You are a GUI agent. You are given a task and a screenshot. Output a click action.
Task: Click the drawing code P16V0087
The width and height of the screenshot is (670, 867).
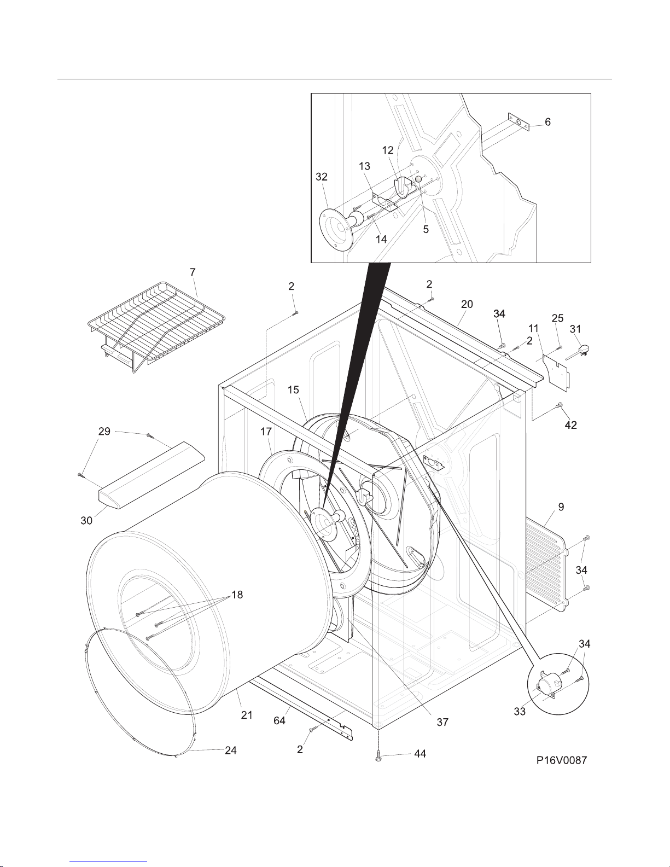(562, 760)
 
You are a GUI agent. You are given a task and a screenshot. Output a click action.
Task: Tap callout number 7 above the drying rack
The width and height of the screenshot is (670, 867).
(193, 272)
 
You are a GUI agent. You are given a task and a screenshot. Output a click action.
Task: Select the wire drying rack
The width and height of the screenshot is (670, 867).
(156, 327)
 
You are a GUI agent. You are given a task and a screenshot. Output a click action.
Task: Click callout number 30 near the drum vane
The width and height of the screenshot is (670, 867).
(86, 521)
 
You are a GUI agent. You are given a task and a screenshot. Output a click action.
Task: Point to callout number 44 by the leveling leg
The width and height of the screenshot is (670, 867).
(421, 754)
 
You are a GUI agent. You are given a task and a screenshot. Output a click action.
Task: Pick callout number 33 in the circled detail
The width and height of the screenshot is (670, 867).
(520, 712)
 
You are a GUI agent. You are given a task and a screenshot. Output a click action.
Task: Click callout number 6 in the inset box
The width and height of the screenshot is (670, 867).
(547, 122)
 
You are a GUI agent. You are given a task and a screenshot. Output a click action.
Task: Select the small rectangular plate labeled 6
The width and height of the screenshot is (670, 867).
(518, 121)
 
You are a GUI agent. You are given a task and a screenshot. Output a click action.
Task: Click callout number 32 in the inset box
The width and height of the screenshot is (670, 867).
(322, 177)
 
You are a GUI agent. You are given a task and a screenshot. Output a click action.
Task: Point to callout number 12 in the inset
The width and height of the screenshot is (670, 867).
(388, 150)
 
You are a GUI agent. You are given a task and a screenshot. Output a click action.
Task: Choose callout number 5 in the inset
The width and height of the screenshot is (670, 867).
(426, 229)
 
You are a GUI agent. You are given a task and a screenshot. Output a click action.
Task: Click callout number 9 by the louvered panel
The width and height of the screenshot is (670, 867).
(561, 507)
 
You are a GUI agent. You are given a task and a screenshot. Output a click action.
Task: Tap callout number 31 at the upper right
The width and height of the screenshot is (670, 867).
(575, 329)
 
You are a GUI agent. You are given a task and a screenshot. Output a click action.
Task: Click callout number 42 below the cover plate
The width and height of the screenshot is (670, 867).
(570, 426)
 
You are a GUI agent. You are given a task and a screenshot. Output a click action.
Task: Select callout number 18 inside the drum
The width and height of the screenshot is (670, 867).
(237, 595)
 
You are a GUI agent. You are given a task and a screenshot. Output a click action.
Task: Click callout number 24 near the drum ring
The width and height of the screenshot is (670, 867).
(231, 750)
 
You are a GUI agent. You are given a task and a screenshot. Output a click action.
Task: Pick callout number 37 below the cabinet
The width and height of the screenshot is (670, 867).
(442, 722)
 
